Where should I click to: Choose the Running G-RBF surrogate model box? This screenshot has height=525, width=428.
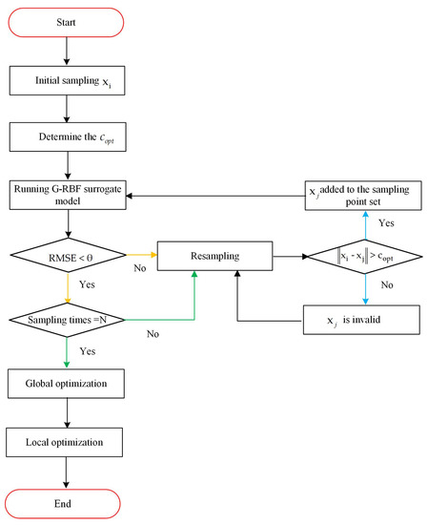point(67,195)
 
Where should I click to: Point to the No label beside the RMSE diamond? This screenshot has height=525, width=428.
point(139,269)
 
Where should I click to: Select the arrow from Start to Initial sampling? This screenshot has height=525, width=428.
point(67,50)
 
